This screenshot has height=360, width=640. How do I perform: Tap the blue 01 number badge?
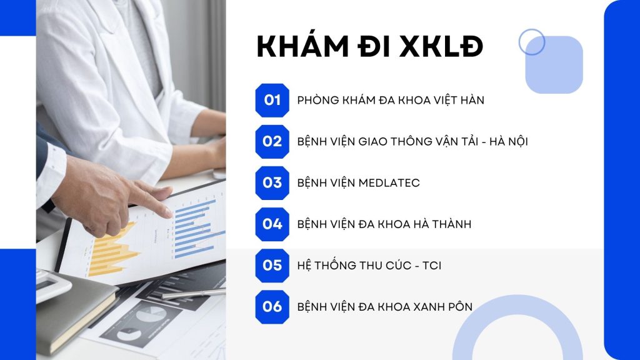[272, 100]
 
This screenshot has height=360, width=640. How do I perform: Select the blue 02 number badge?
[272, 141]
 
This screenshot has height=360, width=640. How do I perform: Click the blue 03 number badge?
[272, 182]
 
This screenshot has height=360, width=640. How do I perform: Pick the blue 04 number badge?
[272, 224]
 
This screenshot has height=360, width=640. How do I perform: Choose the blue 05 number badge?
[272, 265]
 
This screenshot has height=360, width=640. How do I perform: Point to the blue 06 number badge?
[272, 306]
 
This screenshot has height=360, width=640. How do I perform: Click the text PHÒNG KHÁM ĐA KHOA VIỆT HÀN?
[391, 100]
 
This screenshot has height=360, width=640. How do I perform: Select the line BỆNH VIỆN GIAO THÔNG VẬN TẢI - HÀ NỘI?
[412, 141]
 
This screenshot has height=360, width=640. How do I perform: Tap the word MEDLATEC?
[389, 183]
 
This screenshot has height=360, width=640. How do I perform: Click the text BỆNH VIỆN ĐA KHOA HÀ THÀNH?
[384, 224]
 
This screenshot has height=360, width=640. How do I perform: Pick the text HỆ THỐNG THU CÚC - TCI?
[369, 266]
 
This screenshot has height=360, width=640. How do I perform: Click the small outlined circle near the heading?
[531, 42]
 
